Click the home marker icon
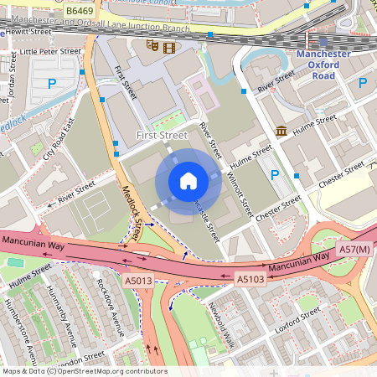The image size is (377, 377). pyautogui.click(x=188, y=180)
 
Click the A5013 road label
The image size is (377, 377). pyautogui.click(x=137, y=280)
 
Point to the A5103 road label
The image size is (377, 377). pyautogui.click(x=250, y=279)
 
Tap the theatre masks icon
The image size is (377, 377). pyautogui.click(x=152, y=45)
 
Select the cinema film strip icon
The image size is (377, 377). pyautogui.click(x=170, y=45)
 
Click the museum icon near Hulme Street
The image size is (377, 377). pyautogui.click(x=281, y=131)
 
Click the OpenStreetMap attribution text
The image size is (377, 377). pyautogui.click(x=84, y=371)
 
